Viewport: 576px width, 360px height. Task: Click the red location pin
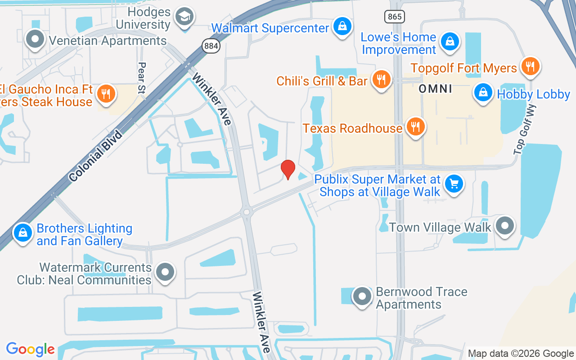tap(288, 169)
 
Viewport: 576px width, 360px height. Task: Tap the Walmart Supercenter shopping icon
tap(342, 27)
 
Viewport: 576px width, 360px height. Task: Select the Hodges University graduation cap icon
tap(184, 17)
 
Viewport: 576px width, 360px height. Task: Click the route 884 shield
tap(211, 45)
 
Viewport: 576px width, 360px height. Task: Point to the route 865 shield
tap(395, 17)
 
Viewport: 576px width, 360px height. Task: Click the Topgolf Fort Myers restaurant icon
tap(530, 67)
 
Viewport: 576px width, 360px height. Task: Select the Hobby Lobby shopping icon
tap(483, 93)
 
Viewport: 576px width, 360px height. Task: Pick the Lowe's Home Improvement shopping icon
tap(449, 42)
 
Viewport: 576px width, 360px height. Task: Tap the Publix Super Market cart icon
tap(454, 184)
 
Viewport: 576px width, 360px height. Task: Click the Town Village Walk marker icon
tap(505, 225)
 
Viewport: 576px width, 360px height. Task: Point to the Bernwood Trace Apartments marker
tap(362, 297)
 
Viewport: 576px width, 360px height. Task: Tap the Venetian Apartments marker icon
tap(35, 39)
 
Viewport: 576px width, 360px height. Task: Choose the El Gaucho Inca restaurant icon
tap(106, 93)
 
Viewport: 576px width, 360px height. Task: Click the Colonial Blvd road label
tap(96, 156)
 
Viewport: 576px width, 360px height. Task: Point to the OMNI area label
tap(435, 89)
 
